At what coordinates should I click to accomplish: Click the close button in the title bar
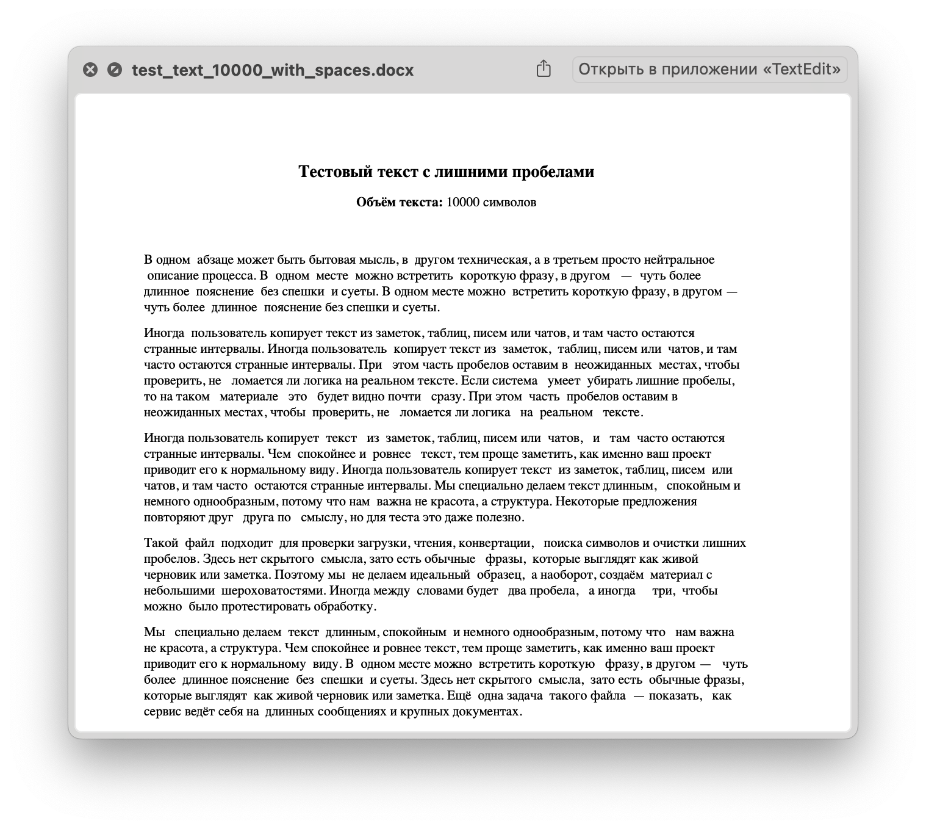click(90, 70)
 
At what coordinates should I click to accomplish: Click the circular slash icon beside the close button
click(114, 70)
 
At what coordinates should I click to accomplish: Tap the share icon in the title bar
click(544, 69)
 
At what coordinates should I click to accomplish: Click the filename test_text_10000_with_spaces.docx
click(273, 70)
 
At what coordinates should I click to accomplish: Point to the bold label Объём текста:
click(400, 203)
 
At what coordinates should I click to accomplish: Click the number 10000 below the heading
click(462, 203)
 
